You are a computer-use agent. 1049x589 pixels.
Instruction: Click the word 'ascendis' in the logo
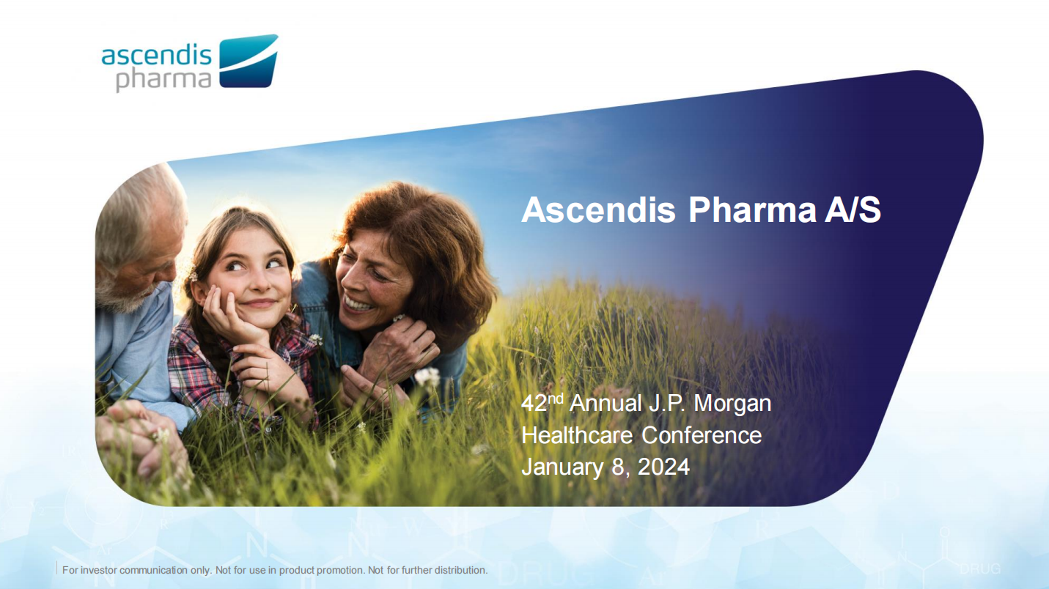click(156, 55)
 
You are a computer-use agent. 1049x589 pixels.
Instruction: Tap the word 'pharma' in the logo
click(163, 80)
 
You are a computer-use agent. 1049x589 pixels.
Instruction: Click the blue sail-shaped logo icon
click(249, 61)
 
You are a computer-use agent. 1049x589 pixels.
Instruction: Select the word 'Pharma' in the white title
click(753, 210)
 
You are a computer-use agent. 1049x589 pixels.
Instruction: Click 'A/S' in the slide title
click(853, 210)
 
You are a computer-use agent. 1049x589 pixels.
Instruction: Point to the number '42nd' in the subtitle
click(542, 402)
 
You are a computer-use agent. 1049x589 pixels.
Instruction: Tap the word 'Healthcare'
click(577, 435)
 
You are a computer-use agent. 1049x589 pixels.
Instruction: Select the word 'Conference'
click(702, 435)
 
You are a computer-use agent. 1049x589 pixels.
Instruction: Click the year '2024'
click(663, 467)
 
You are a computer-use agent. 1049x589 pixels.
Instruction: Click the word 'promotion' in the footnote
click(339, 571)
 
